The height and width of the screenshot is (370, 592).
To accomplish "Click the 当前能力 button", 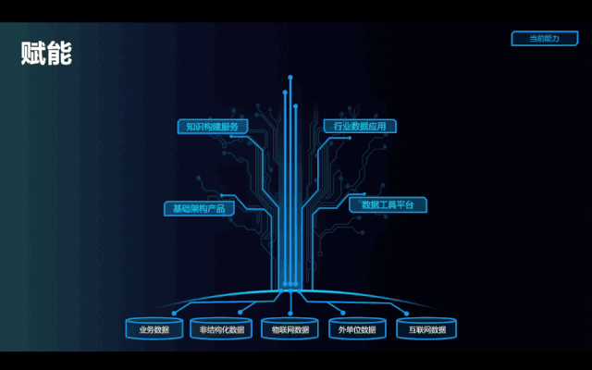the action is click(x=544, y=38).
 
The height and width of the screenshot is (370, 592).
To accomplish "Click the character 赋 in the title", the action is click(x=33, y=53).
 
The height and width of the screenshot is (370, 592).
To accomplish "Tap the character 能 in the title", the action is click(x=59, y=53).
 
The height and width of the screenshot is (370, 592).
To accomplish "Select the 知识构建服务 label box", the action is click(x=212, y=127).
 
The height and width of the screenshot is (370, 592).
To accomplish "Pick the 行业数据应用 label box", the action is click(x=360, y=126).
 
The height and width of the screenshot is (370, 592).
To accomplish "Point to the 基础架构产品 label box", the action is click(x=199, y=208).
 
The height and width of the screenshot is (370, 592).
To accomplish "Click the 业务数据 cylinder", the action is click(x=154, y=329).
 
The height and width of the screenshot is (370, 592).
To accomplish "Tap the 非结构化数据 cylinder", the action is click(x=222, y=329).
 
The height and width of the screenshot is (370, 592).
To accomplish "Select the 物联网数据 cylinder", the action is click(x=290, y=329).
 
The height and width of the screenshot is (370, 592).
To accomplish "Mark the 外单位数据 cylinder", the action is click(x=357, y=329).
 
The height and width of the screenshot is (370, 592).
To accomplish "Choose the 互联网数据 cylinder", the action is click(x=425, y=329).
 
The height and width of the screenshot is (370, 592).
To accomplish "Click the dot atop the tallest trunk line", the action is click(x=290, y=78).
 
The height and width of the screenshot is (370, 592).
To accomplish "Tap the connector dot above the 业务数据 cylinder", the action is click(x=159, y=313).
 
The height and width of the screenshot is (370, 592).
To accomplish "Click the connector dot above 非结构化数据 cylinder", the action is click(x=226, y=313).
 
